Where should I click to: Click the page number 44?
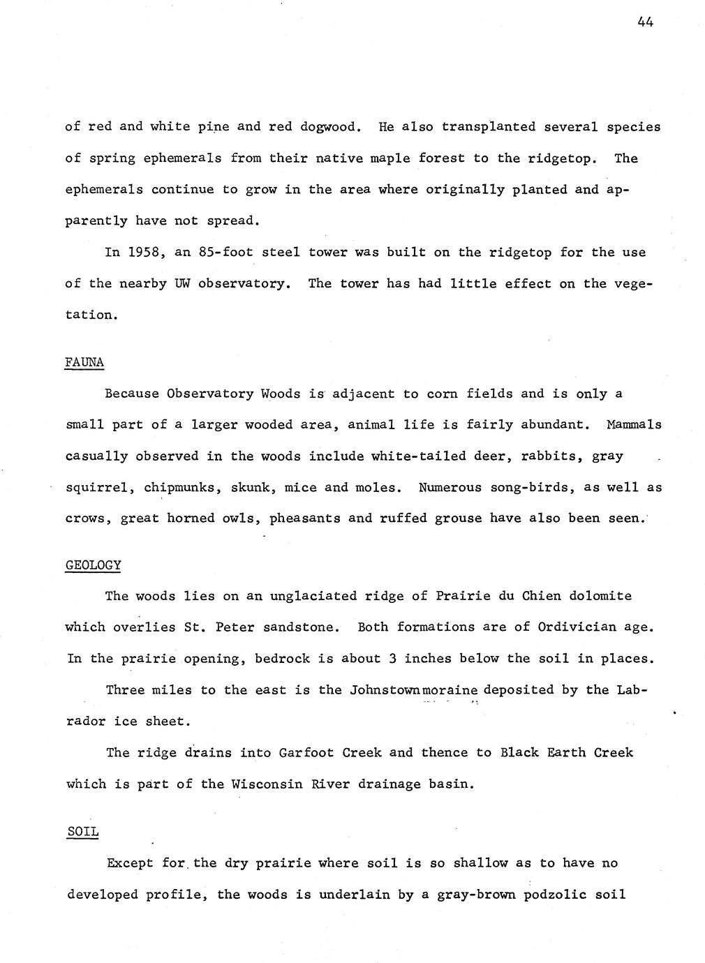[x=644, y=22]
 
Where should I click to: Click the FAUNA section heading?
[x=84, y=362]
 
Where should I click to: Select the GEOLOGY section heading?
[x=93, y=565]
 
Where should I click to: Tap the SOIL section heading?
[x=83, y=832]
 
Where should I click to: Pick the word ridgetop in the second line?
[x=563, y=158]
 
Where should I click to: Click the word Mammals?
[x=634, y=425]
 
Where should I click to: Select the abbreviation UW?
[x=182, y=284]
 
